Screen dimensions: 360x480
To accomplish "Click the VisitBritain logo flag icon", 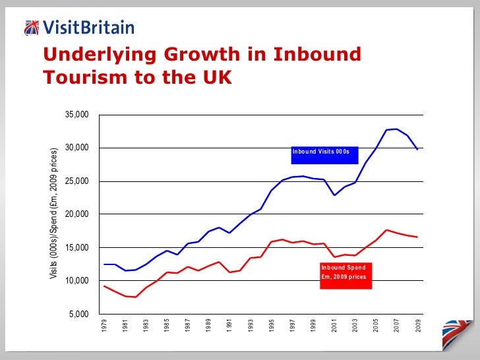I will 31,27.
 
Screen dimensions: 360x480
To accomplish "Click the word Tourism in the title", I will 89,78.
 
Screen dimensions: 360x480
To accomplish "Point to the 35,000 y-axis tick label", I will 76,115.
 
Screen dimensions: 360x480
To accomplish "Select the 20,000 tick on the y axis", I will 76,215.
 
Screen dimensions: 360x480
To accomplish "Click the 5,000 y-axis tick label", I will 78,315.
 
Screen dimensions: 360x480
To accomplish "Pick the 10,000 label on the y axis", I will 76,282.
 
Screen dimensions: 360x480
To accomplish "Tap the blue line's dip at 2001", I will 335,195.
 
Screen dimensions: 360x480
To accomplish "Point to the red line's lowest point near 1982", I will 136,297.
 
